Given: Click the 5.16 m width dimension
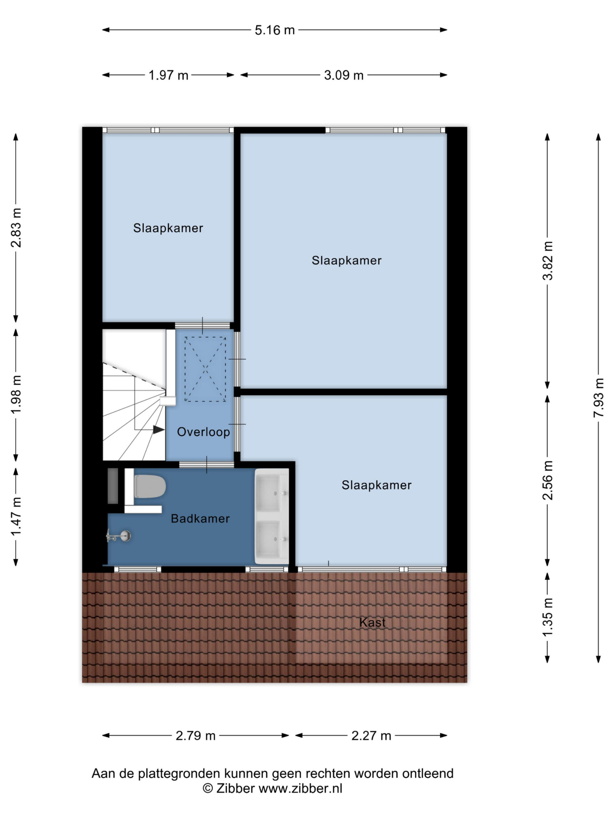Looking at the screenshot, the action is click(x=275, y=30).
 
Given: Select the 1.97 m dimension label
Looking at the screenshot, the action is click(x=169, y=75).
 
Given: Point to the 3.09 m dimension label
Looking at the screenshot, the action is click(x=344, y=75).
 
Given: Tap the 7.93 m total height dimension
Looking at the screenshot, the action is click(x=598, y=397).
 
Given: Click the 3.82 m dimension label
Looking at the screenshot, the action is click(x=547, y=261).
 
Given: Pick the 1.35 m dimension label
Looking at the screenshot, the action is click(x=547, y=617).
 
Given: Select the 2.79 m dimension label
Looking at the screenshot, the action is click(x=195, y=736).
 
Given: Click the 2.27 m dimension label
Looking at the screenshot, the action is click(x=371, y=736).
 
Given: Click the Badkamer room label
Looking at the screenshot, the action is click(x=200, y=519).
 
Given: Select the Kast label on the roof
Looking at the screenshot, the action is click(x=372, y=622).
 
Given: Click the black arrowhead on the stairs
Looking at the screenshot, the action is click(x=159, y=430).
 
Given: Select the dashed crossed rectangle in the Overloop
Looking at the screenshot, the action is click(x=205, y=369).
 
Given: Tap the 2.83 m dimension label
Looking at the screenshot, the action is click(x=16, y=228).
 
